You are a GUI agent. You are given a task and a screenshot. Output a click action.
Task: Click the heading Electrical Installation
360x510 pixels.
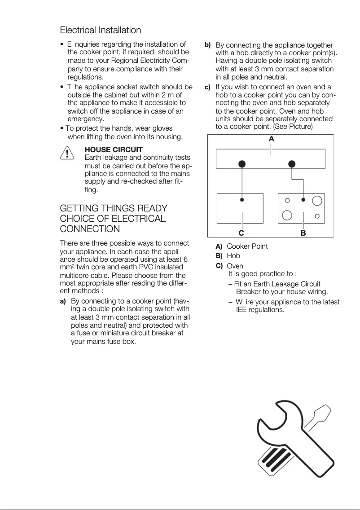click(x=101, y=30)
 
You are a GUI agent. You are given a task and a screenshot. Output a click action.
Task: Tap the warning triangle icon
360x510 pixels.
click(x=67, y=154)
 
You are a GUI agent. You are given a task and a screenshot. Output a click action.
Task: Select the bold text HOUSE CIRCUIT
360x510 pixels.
click(x=114, y=149)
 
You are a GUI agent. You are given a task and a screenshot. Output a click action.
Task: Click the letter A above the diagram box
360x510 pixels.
click(x=271, y=140)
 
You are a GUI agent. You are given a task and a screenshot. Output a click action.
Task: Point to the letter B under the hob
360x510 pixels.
click(x=303, y=233)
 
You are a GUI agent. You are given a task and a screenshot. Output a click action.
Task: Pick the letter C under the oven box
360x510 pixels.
click(x=241, y=233)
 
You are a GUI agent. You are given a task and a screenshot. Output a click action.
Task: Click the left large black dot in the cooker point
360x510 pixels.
click(x=242, y=164)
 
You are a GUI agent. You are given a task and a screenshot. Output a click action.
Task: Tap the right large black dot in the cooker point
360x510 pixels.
click(x=292, y=164)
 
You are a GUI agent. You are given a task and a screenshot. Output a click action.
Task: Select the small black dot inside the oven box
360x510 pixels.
click(x=242, y=200)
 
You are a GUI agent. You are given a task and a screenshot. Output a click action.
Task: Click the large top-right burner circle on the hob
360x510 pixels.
click(x=317, y=200)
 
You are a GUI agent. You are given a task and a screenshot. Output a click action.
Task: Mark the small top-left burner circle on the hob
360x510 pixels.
click(x=287, y=200)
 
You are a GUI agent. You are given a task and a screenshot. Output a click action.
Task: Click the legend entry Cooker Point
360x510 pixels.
click(x=247, y=246)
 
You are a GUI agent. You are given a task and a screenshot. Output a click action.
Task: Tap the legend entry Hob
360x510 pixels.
click(x=233, y=256)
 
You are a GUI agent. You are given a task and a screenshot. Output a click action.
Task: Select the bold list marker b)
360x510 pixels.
click(x=208, y=45)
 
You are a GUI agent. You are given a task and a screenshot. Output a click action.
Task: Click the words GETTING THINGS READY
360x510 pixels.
click(x=114, y=209)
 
